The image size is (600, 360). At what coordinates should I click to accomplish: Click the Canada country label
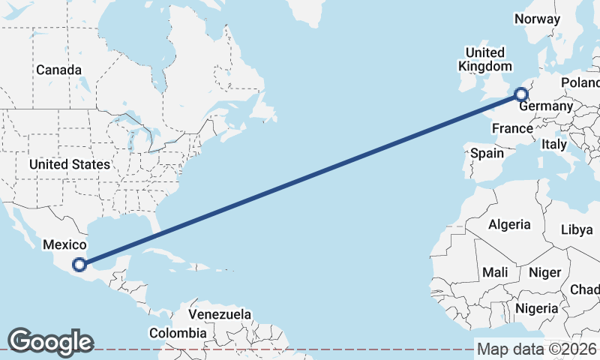(58, 70)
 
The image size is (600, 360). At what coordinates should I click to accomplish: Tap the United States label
(70, 164)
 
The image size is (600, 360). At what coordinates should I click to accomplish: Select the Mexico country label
(65, 244)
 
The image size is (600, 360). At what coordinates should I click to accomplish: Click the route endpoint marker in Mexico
(79, 263)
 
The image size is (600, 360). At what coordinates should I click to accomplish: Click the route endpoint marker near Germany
(520, 94)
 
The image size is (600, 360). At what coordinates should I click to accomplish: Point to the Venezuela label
(220, 314)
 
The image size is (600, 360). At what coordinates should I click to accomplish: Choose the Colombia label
(177, 332)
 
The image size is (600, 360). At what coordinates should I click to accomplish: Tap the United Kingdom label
(485, 59)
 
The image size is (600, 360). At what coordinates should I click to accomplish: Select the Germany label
(546, 106)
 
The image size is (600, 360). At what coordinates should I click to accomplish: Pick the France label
(512, 129)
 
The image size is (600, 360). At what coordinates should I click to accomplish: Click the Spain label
(487, 153)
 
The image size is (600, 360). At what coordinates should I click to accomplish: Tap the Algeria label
(509, 224)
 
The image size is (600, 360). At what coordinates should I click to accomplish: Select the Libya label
(577, 229)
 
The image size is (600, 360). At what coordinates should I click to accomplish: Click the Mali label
(495, 272)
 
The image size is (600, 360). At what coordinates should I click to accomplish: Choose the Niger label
(544, 272)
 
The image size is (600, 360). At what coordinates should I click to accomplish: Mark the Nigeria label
(536, 307)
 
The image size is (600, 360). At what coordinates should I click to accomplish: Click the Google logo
(50, 342)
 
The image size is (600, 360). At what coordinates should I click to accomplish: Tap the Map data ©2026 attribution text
(537, 349)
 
